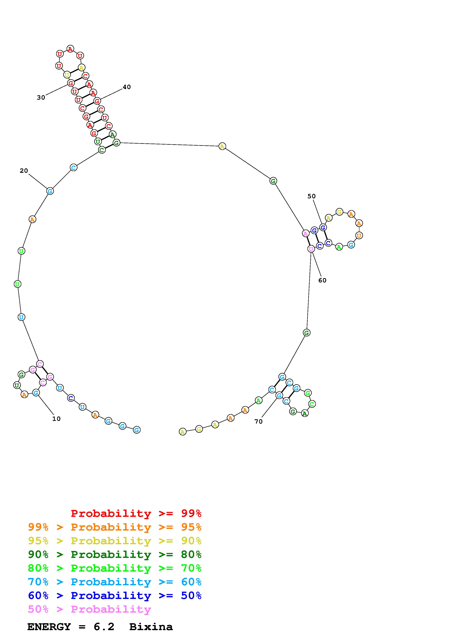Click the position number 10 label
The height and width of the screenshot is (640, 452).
click(56, 419)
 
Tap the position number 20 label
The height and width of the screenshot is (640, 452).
click(24, 171)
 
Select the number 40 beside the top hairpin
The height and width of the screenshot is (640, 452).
click(127, 87)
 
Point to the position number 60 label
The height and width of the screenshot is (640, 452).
click(322, 280)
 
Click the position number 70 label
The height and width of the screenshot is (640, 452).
click(258, 421)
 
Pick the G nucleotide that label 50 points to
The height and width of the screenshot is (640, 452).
click(323, 227)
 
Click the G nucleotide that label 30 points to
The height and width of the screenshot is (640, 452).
click(71, 83)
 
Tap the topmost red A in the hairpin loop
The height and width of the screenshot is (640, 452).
click(70, 49)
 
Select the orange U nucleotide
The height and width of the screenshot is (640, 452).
click(359, 235)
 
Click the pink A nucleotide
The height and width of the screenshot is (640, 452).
click(306, 233)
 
